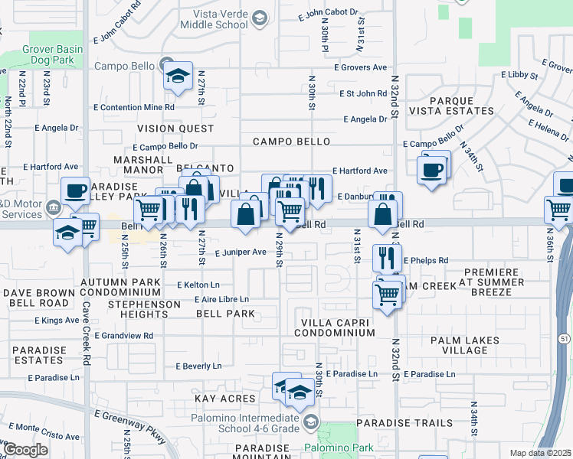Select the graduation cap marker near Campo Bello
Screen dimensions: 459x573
coord(178,77)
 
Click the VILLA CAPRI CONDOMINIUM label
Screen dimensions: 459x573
coord(337,327)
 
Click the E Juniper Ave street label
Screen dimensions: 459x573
coord(240,252)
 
